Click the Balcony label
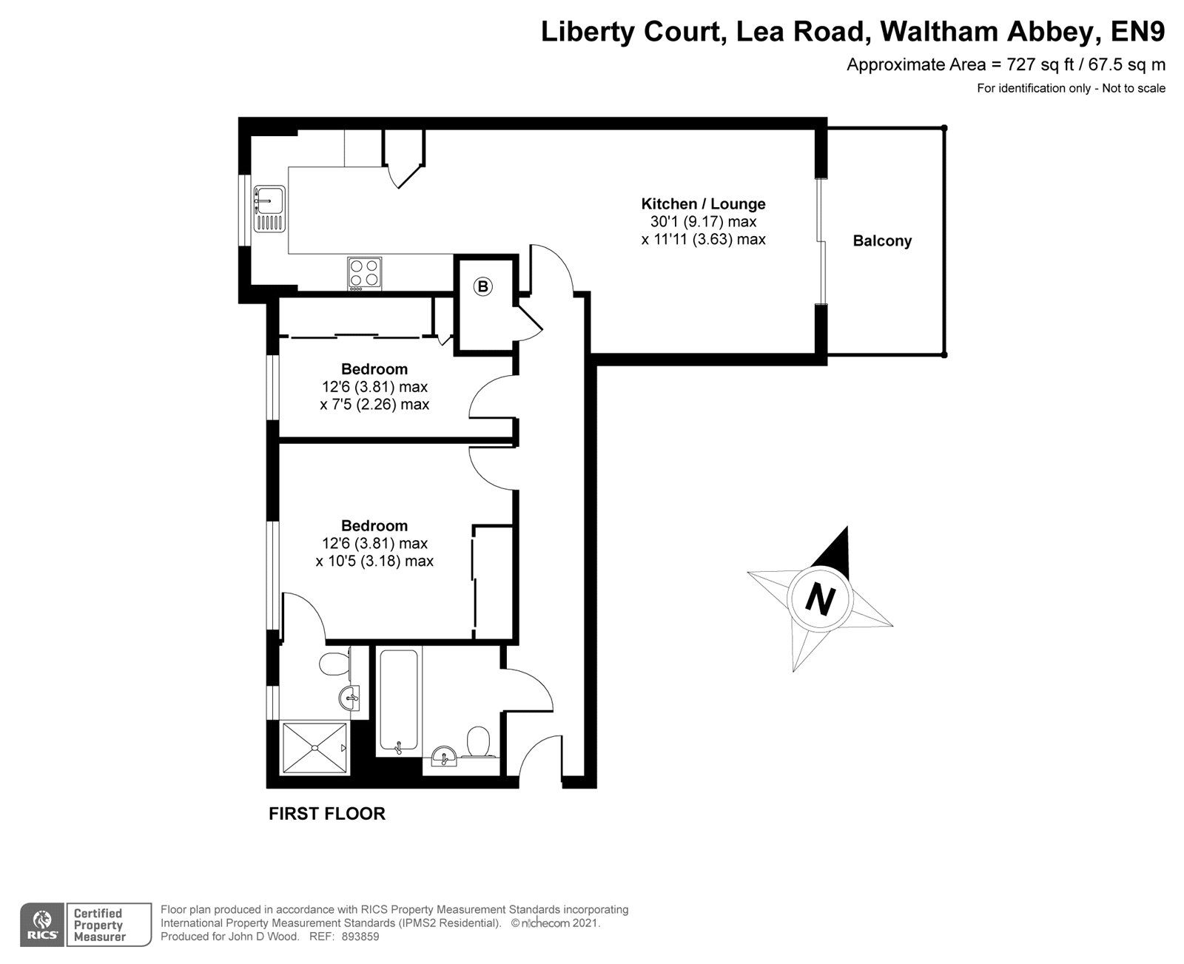[x=882, y=241]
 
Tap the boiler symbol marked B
[x=482, y=286]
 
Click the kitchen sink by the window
[x=269, y=198]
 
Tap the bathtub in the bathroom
[x=399, y=699]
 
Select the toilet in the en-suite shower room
[x=335, y=663]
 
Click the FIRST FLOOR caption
[x=326, y=815]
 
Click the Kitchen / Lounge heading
[x=702, y=204]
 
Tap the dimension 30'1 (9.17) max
[x=702, y=222]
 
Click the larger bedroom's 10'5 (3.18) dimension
[x=374, y=562]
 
